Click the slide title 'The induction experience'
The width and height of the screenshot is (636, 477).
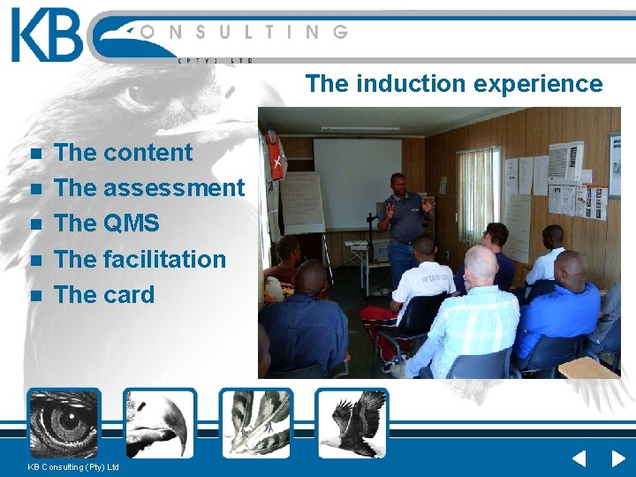pos(454,84)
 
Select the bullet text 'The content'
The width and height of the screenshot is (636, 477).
pos(123,152)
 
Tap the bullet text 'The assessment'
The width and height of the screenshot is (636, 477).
pos(148,187)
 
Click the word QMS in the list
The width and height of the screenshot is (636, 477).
pos(131,223)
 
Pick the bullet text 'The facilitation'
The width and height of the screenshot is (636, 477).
pos(140,259)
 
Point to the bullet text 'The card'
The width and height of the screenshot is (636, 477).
pos(104,294)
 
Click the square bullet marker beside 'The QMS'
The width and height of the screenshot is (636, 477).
pos(35,224)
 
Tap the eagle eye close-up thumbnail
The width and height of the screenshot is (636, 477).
pos(64,422)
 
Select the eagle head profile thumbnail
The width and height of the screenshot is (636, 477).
pos(160,422)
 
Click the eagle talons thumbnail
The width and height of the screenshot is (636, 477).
pos(256,422)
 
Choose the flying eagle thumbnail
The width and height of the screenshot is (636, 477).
pos(352,422)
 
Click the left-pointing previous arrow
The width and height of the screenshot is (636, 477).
pos(579,458)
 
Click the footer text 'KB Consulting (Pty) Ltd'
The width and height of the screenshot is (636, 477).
pos(73,466)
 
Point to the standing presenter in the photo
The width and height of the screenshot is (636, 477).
pos(405,225)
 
